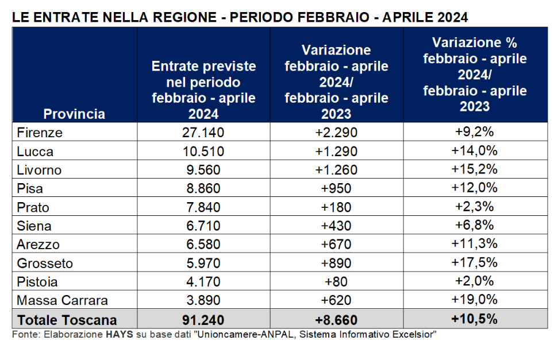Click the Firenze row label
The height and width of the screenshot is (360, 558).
(x=40, y=133)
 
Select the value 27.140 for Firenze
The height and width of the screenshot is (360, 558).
(x=203, y=133)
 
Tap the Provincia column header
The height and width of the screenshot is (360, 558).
(x=74, y=113)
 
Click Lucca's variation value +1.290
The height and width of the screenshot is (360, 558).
(x=336, y=152)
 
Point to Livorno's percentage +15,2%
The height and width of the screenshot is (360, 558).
(x=475, y=170)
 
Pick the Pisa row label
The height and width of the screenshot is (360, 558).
(x=30, y=189)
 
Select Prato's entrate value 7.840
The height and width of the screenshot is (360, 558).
(x=203, y=207)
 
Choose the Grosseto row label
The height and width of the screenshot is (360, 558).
(x=45, y=264)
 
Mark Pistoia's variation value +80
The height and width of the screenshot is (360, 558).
(x=336, y=282)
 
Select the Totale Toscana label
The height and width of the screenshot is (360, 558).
(x=67, y=320)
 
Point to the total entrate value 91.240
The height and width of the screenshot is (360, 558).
(x=203, y=320)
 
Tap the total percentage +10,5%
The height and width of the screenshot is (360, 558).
(x=475, y=319)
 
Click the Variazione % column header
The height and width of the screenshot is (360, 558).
(x=475, y=74)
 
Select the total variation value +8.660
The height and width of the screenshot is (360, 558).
(x=336, y=320)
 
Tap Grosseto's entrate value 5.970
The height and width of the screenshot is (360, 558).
(x=203, y=264)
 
